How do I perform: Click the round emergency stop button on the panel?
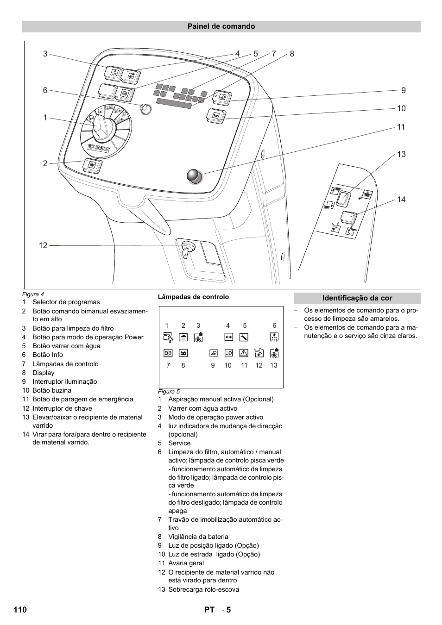tap(195, 176)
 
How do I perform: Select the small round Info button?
tap(145, 109)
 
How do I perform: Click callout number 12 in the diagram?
tap(43, 246)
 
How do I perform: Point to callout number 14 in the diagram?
tap(401, 200)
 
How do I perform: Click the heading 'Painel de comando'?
tap(221, 26)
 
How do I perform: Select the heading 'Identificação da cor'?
tap(357, 298)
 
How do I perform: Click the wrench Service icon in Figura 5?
tap(244, 337)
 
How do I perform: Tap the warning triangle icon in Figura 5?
tap(244, 353)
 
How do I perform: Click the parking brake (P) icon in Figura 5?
tap(168, 353)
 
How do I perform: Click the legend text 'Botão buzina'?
tap(52, 390)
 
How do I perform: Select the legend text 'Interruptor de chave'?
tap(62, 408)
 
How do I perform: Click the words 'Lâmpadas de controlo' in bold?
tap(193, 297)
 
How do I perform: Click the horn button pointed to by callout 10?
tap(216, 115)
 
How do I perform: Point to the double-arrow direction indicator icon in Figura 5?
tap(228, 337)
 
